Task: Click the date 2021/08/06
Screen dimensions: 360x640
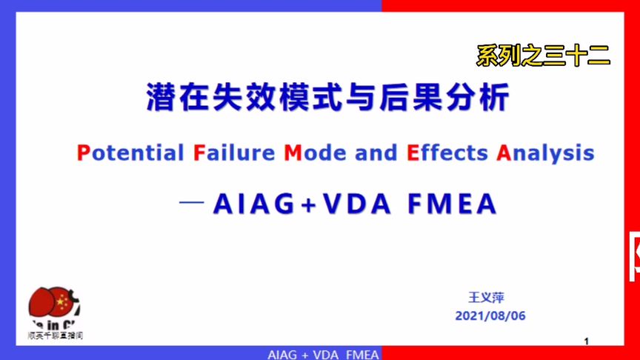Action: click(x=490, y=316)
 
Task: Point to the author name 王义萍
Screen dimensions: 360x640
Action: click(x=486, y=298)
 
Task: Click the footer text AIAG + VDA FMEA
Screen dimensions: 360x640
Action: click(x=323, y=354)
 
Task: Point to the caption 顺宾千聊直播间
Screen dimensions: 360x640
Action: click(x=55, y=336)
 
